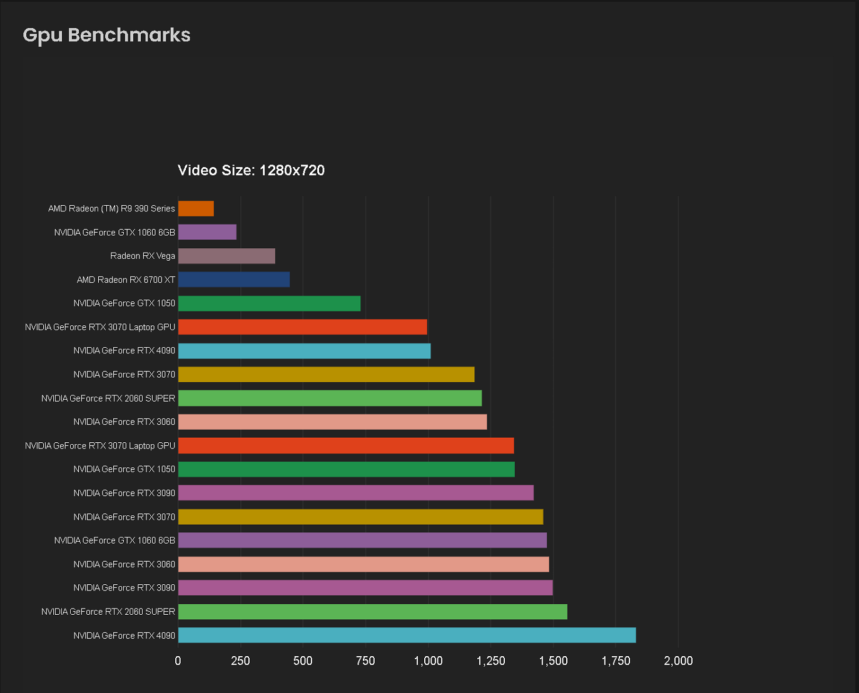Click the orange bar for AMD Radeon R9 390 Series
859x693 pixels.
(196, 208)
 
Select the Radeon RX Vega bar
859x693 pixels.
(226, 256)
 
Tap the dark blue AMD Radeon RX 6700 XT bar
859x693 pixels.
(234, 280)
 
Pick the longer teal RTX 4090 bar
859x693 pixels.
(407, 635)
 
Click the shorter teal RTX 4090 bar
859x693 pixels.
(304, 351)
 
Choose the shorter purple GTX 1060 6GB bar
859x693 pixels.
(207, 232)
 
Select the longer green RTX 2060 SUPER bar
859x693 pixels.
(372, 612)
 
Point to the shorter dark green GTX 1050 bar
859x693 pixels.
(269, 303)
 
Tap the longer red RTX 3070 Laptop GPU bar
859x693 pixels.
(346, 446)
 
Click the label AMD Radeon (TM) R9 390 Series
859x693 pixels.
(111, 208)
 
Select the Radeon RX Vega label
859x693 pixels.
(143, 256)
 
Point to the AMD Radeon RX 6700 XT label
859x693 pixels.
(126, 280)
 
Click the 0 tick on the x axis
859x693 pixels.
(178, 661)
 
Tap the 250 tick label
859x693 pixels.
(240, 661)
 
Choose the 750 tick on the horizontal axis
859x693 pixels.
(365, 661)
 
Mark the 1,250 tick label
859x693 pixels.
(490, 661)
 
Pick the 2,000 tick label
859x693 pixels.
(678, 661)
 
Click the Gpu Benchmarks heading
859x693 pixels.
(106, 35)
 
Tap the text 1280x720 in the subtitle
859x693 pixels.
(292, 170)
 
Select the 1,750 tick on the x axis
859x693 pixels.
(616, 661)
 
